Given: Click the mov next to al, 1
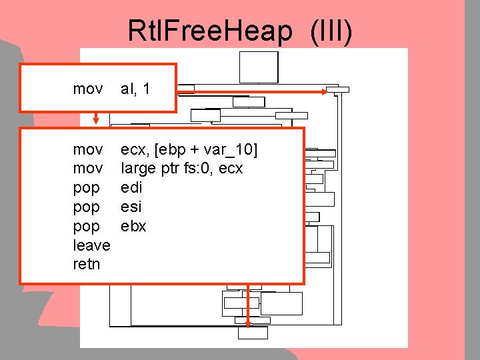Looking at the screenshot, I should click(x=88, y=89).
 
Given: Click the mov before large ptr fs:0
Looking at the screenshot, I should click(x=88, y=169).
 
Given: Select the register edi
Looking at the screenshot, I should click(x=131, y=188).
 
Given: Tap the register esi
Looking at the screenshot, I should click(x=132, y=207).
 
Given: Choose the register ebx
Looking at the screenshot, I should click(x=133, y=227).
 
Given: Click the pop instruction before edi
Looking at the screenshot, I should click(x=87, y=188).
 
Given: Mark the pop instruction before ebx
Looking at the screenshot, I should click(x=87, y=227).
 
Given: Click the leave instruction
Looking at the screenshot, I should click(x=91, y=245).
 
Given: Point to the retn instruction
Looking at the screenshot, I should click(x=87, y=264).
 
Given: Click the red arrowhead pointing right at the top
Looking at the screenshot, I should click(x=331, y=91).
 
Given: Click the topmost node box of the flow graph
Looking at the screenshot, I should click(x=259, y=67).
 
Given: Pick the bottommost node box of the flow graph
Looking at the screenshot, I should click(x=253, y=333).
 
